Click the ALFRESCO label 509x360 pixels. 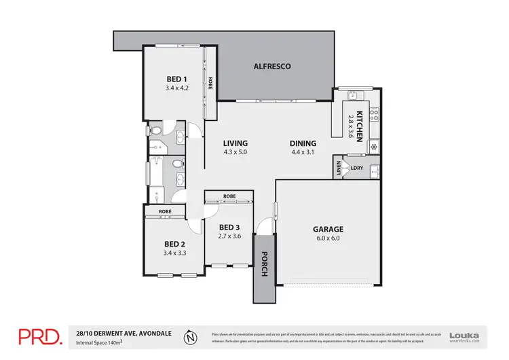coord(272,67)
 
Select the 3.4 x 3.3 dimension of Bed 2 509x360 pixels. coord(174,253)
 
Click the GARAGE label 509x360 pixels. coord(328,230)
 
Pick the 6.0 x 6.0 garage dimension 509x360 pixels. coord(328,239)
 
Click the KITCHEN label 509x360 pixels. coord(360,126)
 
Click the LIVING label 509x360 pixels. coord(235,143)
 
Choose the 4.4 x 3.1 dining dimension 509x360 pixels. coord(303,153)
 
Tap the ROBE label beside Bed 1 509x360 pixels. coord(210,82)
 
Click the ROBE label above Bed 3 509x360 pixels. coord(229,196)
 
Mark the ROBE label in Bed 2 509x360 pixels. coord(164,212)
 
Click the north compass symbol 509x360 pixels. coord(193,336)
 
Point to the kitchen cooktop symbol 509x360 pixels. coord(373,115)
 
